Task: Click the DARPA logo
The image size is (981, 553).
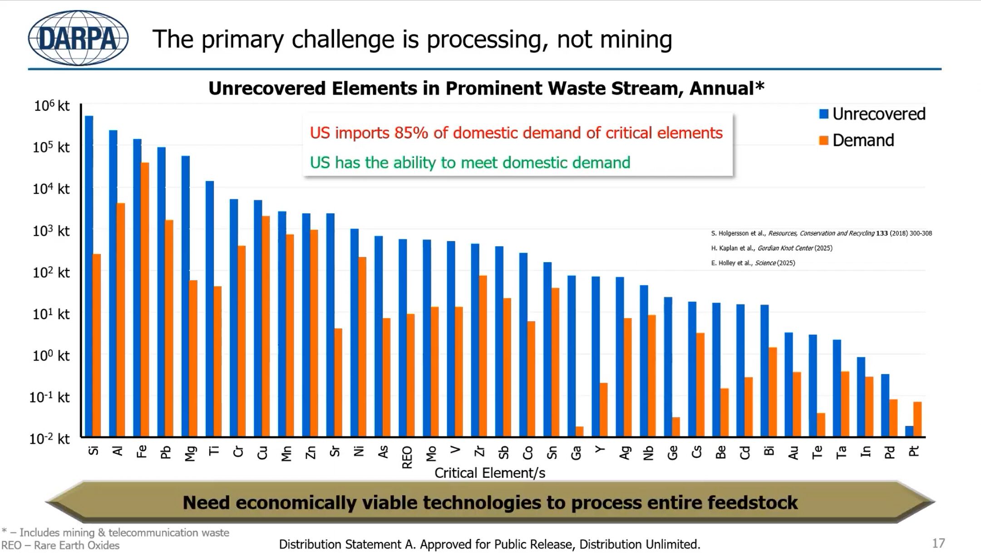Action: [78, 38]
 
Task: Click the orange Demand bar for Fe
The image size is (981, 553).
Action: [145, 299]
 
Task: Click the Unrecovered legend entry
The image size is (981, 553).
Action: [872, 114]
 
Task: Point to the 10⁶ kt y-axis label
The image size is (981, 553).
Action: [51, 106]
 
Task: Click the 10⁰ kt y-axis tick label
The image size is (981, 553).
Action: [51, 356]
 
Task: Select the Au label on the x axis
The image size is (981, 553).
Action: [793, 452]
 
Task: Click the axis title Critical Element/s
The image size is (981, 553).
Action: [489, 473]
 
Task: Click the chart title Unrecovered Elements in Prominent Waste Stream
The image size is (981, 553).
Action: [486, 88]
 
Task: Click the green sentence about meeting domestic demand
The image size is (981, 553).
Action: [470, 162]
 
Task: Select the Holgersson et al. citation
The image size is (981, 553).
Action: [821, 233]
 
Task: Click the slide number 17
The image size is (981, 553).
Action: [938, 543]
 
